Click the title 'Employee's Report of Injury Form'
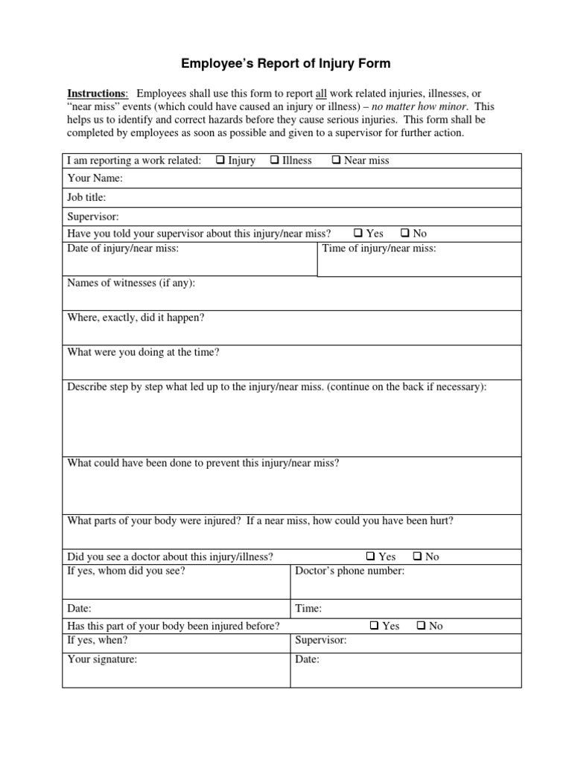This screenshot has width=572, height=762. point(286,64)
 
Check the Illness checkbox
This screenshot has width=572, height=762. point(275,160)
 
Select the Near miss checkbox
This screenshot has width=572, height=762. point(336,160)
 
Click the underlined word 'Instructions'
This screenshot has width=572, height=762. point(97,93)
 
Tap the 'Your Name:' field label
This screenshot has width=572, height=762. point(95,179)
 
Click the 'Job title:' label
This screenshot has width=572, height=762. point(86,197)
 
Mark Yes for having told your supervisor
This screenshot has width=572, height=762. point(357,233)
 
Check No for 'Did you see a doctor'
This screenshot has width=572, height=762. point(418,556)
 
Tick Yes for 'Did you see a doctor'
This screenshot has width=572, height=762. point(370,556)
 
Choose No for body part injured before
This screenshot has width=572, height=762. point(422,626)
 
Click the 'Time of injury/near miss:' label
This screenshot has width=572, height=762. point(379,249)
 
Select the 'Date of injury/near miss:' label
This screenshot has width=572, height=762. point(123,249)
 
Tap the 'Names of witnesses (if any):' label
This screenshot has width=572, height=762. point(131,283)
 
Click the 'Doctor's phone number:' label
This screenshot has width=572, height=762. point(350,571)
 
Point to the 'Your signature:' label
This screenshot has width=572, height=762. point(102,659)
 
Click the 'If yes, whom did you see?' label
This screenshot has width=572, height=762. point(127,571)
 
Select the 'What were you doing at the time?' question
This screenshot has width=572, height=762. point(143,352)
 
